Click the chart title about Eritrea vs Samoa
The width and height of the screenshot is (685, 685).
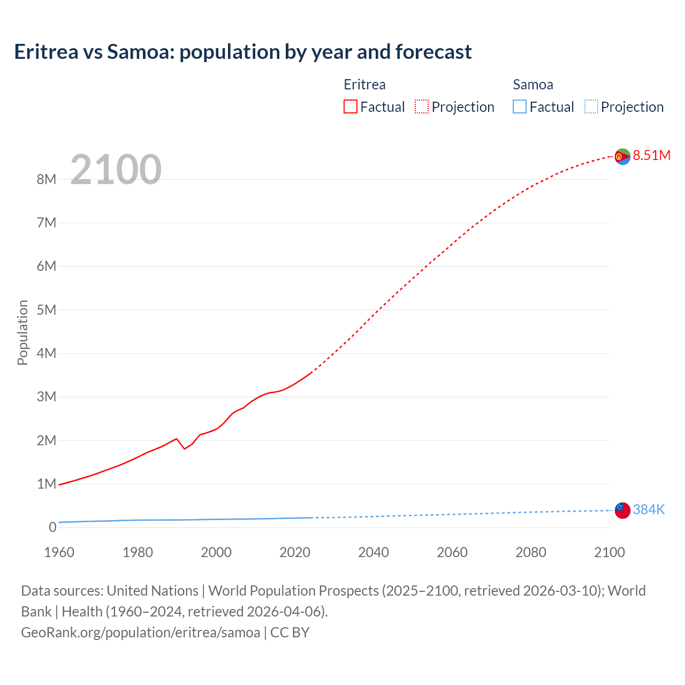point(243,52)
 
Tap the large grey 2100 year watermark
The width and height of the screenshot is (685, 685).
point(116,169)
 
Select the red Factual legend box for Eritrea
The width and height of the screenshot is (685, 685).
point(350,106)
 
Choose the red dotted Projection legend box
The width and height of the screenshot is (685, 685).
point(422,106)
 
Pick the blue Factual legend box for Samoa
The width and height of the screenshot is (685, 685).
point(519,106)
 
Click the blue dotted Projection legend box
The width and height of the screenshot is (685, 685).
point(591,106)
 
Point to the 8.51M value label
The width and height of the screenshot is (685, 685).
point(651,155)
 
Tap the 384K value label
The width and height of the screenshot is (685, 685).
point(649,509)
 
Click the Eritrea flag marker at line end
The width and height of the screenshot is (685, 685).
point(622,156)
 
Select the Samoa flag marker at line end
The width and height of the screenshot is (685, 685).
point(622,511)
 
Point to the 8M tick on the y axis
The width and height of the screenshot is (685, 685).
point(47,179)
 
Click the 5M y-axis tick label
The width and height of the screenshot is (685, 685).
point(47,310)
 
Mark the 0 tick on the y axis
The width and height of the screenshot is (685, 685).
point(52,527)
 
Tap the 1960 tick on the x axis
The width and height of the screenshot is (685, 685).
point(59,552)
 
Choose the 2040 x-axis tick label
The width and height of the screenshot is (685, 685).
point(374,552)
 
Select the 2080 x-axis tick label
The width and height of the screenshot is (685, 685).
point(531,552)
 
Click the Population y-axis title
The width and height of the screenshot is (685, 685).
point(22,332)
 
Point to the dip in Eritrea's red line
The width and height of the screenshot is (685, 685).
point(185,448)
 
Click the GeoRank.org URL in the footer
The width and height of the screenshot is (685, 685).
point(140,632)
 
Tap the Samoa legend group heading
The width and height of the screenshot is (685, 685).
point(532,85)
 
